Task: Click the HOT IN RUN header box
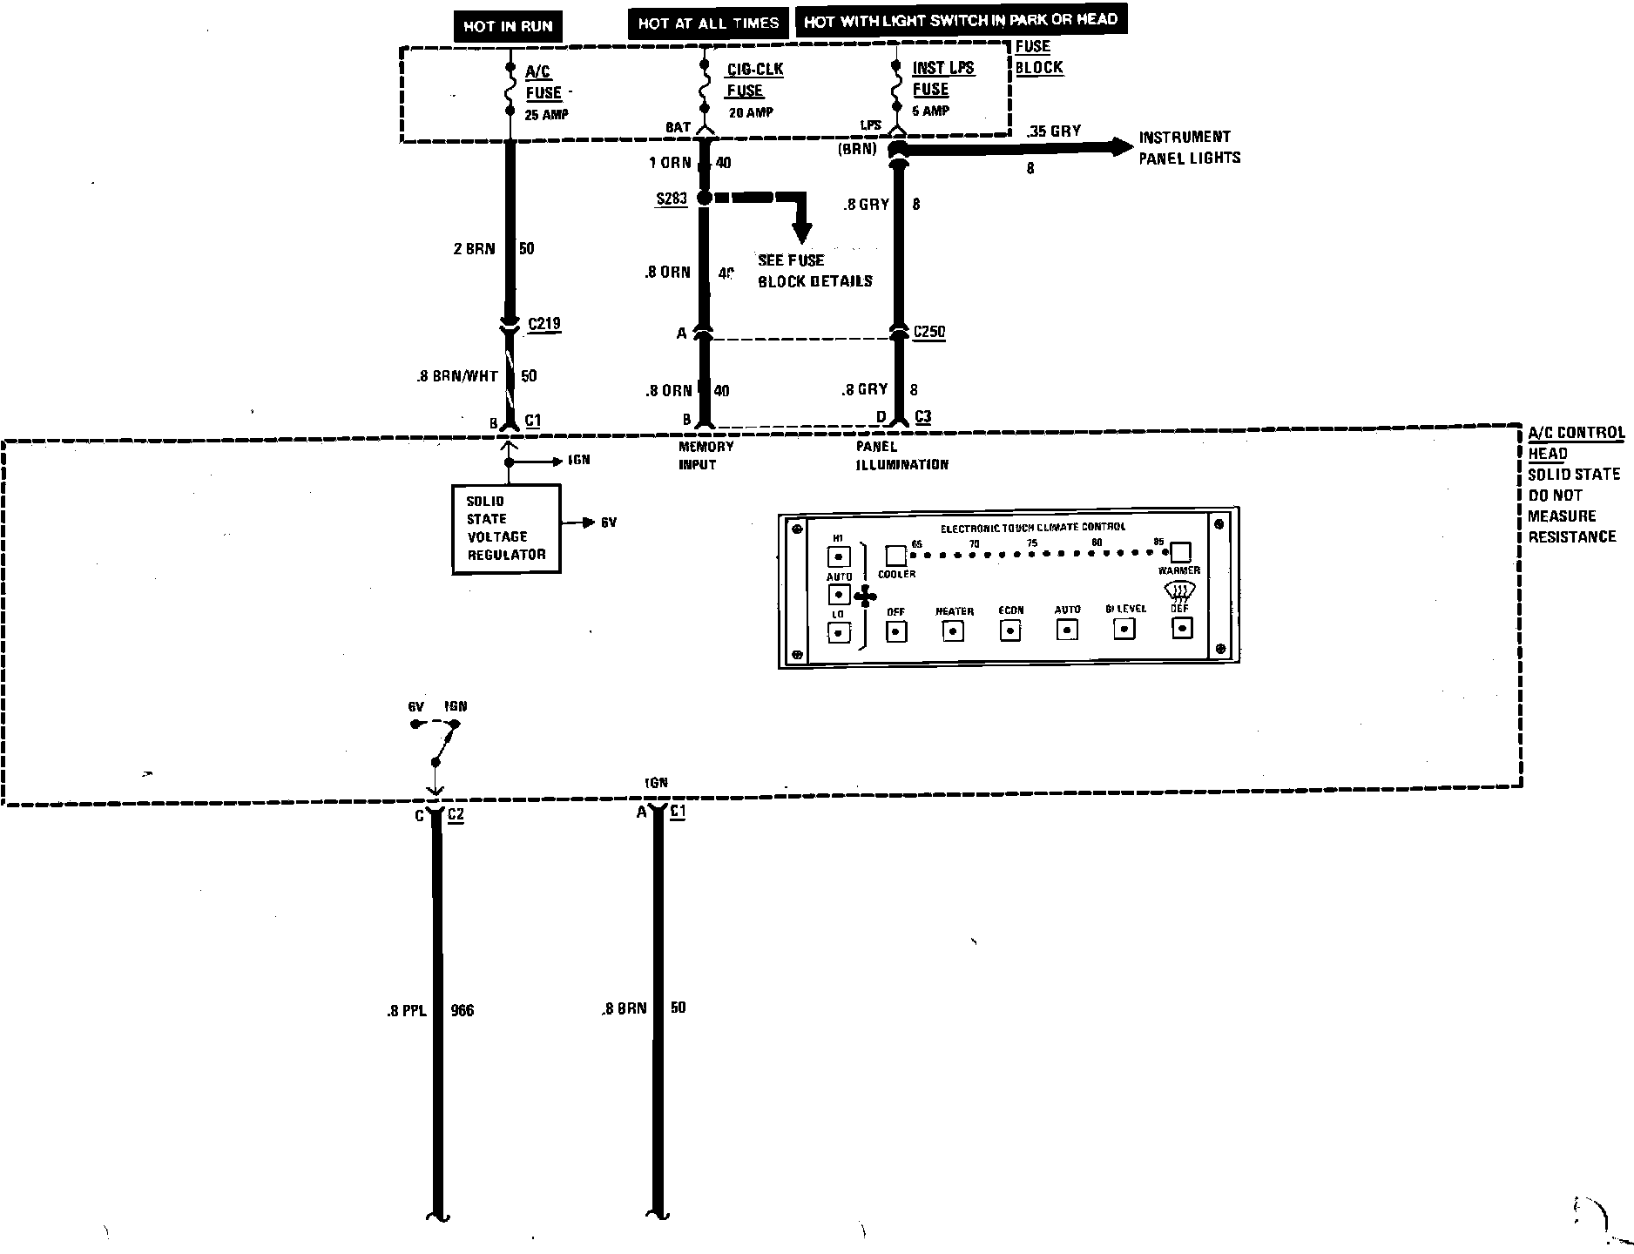(508, 26)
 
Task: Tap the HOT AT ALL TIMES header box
(707, 24)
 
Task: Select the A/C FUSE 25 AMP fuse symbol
(510, 88)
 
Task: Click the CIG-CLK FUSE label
(754, 80)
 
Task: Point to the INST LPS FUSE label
(942, 78)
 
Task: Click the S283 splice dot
(705, 198)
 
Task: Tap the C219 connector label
(544, 324)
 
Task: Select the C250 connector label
(928, 332)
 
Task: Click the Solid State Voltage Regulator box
(506, 529)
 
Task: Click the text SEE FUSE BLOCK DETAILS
(814, 271)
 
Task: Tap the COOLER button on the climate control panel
(895, 556)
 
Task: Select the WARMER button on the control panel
(1180, 552)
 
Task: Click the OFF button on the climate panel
(896, 631)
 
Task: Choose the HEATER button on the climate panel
(954, 630)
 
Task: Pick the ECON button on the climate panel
(1010, 630)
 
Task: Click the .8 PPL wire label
(406, 1011)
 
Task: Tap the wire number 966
(463, 1011)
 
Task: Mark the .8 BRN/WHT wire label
(456, 377)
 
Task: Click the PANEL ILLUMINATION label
(901, 455)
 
